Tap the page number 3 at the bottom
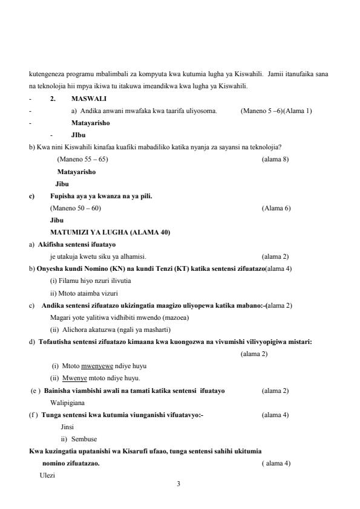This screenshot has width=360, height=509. point(178,483)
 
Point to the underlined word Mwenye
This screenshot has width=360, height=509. point(74,378)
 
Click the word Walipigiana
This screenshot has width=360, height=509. point(67,402)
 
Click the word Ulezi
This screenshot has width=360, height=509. point(47,475)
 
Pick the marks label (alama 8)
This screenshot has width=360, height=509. point(275,159)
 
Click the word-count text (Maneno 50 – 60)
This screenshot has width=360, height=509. point(76,208)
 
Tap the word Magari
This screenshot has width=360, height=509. point(61,317)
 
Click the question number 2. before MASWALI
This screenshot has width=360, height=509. point(53,98)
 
